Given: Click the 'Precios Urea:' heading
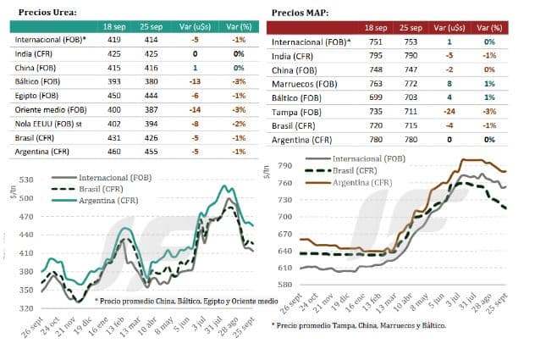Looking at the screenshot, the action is point(47,13).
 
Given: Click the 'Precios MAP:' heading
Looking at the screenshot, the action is point(300,13).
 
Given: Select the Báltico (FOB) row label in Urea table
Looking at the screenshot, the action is point(37,81).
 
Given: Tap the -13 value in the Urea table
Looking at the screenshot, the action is point(195,81).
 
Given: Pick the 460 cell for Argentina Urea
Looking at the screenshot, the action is point(114,152).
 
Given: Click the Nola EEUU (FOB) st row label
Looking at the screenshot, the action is point(48,124).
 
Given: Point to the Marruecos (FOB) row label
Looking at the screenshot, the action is point(305,84).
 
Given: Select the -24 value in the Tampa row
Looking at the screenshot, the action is point(449,112).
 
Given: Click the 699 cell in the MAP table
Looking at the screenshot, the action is point(376,97).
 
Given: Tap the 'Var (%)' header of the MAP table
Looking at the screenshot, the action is point(489,28).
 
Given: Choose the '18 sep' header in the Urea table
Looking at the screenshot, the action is point(114,26).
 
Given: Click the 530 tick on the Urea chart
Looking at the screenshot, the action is point(26,180).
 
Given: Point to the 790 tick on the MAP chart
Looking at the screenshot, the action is point(284,166).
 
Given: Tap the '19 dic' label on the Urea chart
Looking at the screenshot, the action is point(83,325).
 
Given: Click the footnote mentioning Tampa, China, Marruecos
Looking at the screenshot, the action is point(359,325).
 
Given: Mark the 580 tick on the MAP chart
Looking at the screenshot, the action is point(284,285).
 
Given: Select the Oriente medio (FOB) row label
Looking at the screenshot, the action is point(51,109).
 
